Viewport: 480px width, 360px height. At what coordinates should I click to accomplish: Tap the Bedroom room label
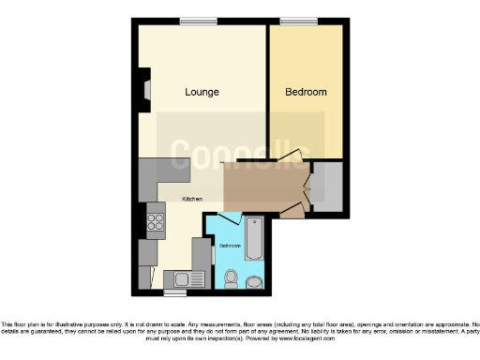[x=306, y=92]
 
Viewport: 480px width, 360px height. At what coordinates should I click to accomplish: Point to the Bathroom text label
[x=230, y=246]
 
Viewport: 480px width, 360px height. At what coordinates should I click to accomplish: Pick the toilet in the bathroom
[x=231, y=277]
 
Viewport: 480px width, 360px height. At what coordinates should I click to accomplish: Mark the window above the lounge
[x=194, y=21]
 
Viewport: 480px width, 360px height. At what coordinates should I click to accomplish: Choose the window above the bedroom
[x=297, y=21]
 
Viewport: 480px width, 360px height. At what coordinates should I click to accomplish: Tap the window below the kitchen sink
[x=173, y=292]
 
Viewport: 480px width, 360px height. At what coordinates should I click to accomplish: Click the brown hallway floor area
[x=262, y=187]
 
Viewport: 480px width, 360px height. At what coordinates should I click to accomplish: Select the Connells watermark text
[x=240, y=149]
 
